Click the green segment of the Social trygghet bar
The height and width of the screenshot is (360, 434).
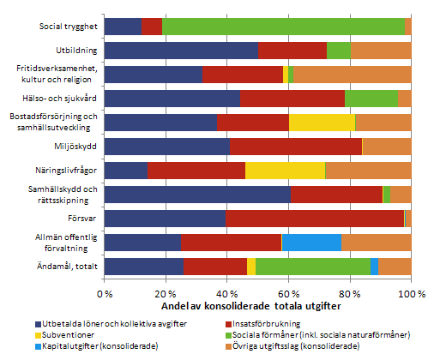tap(283, 27)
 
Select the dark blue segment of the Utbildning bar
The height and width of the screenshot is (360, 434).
tap(181, 51)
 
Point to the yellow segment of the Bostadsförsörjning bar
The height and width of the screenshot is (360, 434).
tap(322, 123)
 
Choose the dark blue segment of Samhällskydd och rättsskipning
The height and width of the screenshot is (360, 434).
tap(198, 195)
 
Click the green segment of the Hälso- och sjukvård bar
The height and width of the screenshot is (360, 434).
tap(371, 99)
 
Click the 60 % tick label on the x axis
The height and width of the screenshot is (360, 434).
tap(288, 293)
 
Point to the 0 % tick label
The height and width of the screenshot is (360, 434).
tap(105, 293)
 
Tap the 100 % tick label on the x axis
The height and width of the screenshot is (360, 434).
tap(410, 293)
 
